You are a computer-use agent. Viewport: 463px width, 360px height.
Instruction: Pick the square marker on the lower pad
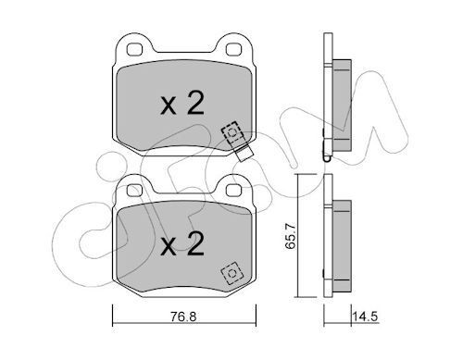click(x=230, y=273)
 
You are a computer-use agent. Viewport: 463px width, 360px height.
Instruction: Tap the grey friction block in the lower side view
click(x=339, y=242)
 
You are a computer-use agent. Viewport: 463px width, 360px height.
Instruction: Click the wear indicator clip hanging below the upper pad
click(x=244, y=154)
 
